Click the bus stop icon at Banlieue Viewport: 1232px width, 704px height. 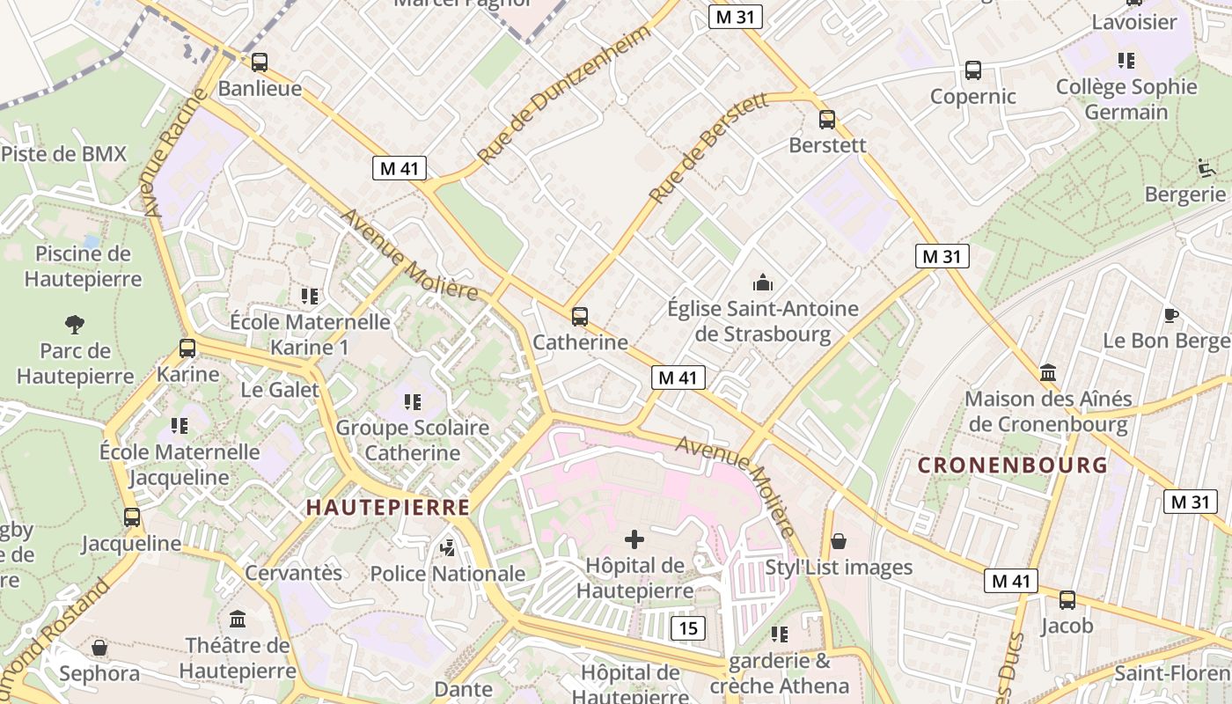[x=259, y=62]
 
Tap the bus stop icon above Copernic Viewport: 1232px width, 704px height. [x=972, y=70]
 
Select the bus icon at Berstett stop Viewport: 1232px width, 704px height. [x=826, y=120]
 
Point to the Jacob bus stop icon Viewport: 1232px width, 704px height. [x=1067, y=600]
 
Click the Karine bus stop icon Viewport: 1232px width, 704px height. [x=187, y=348]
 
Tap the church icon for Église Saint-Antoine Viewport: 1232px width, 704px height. [x=762, y=282]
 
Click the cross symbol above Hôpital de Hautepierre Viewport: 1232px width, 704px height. [x=634, y=539]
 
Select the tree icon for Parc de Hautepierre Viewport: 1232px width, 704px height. [x=75, y=325]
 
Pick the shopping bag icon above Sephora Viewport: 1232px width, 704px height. [x=99, y=648]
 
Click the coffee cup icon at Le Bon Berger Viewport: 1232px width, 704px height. [x=1170, y=315]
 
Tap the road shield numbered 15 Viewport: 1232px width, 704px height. [x=688, y=627]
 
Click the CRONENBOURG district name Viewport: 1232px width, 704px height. [x=1012, y=466]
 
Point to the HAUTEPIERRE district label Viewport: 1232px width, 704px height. [x=387, y=507]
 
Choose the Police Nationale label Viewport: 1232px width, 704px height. [x=447, y=574]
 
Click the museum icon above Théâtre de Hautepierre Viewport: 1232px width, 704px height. [x=237, y=619]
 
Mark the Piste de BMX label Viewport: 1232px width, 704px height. [x=63, y=154]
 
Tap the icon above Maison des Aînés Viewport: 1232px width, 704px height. [x=1047, y=372]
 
